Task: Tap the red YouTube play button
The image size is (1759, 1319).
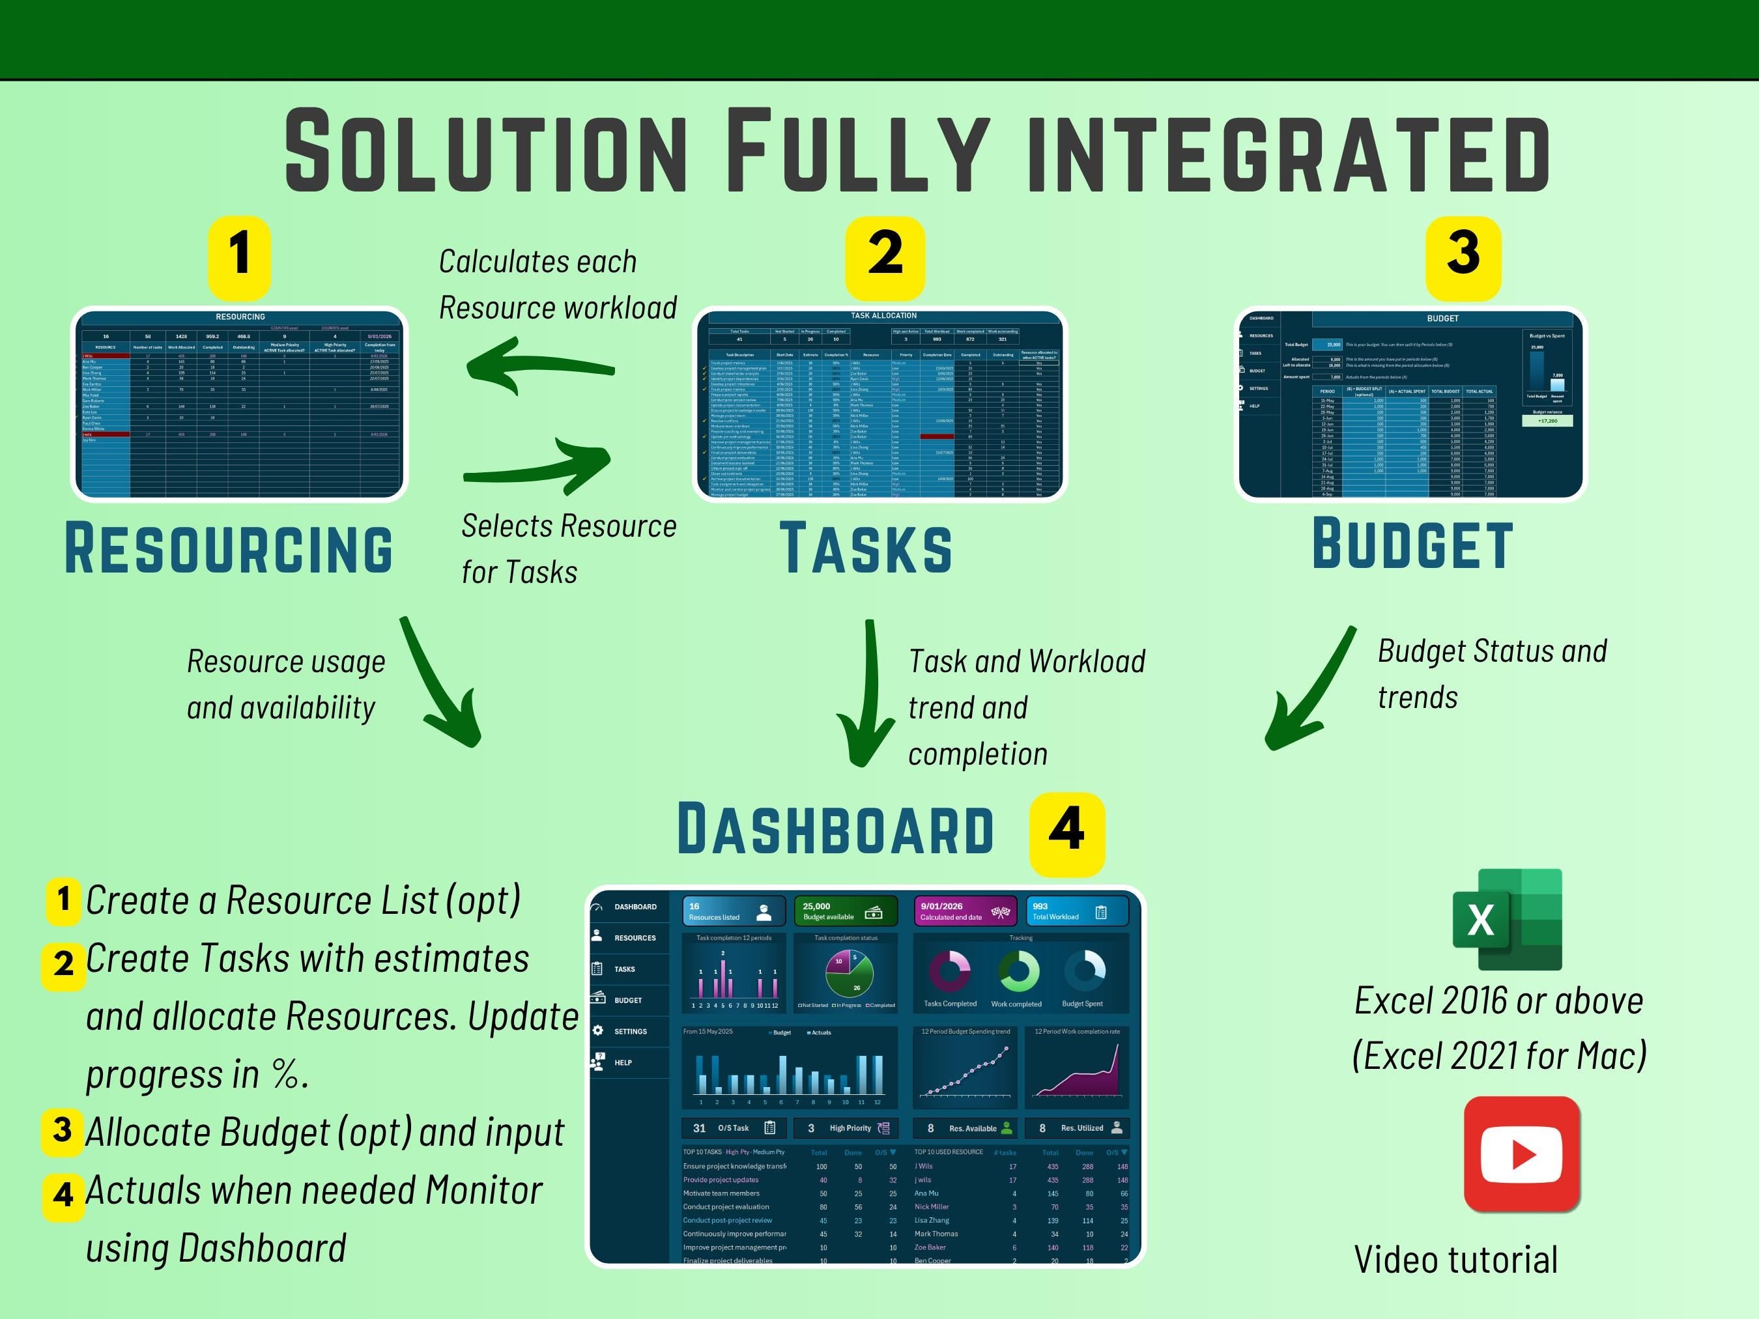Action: tap(1521, 1154)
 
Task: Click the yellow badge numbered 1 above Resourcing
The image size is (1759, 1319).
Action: tap(238, 257)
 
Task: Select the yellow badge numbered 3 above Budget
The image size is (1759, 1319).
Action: tap(1463, 257)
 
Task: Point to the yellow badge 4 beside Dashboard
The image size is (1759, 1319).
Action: tap(1066, 832)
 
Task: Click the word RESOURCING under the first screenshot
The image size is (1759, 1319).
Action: tap(229, 548)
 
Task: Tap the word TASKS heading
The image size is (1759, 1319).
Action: tap(865, 548)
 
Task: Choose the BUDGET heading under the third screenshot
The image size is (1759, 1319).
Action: tap(1412, 545)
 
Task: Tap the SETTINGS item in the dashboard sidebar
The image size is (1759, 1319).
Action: tap(630, 1031)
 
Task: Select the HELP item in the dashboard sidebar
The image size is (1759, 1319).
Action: tap(623, 1062)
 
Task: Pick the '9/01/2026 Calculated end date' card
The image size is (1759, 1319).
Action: tap(963, 911)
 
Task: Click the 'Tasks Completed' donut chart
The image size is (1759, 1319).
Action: tap(949, 972)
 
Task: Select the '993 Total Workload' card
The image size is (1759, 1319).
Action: tap(1078, 911)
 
